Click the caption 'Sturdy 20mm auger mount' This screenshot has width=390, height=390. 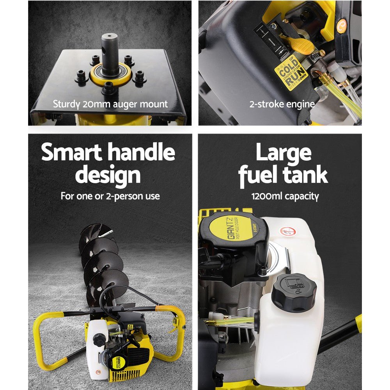(x=110, y=104)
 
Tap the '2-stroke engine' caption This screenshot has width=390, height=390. (x=282, y=104)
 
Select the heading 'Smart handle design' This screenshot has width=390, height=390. (x=108, y=163)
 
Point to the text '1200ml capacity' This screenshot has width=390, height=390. (x=285, y=196)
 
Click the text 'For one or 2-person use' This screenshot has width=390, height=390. (x=110, y=196)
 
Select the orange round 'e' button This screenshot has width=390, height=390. (x=341, y=24)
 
